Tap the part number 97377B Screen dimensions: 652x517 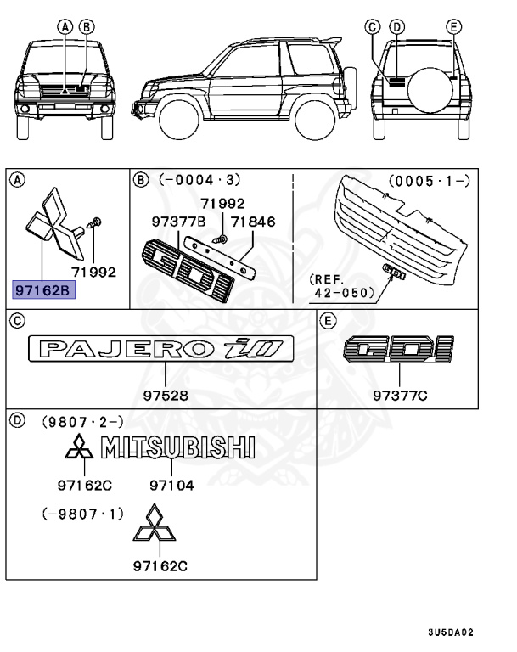[x=178, y=222]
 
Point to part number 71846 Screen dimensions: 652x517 [x=255, y=222]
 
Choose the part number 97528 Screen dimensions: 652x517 [x=166, y=396]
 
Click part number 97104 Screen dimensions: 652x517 [x=172, y=485]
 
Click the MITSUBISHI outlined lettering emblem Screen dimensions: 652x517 [x=179, y=447]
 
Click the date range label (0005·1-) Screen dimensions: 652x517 [x=430, y=181]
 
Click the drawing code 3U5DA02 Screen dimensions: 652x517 [x=450, y=632]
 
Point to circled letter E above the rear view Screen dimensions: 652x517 [x=454, y=26]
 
